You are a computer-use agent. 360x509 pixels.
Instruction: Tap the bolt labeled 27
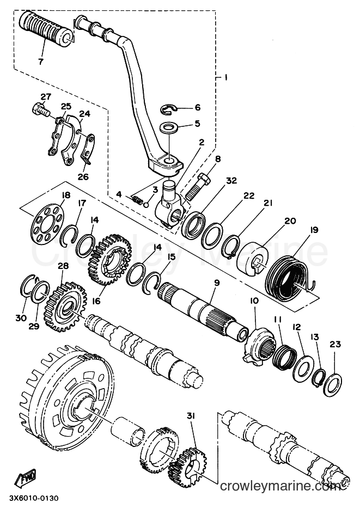point(41,108)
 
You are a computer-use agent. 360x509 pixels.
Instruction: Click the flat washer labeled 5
point(169,127)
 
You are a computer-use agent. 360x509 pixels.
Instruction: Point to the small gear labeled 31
point(185,466)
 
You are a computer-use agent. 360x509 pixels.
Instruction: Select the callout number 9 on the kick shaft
point(217,283)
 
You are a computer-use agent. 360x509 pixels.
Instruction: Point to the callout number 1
point(225,77)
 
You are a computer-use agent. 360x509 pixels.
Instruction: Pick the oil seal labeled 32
point(193,223)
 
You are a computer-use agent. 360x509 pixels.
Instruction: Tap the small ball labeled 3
point(147,205)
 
